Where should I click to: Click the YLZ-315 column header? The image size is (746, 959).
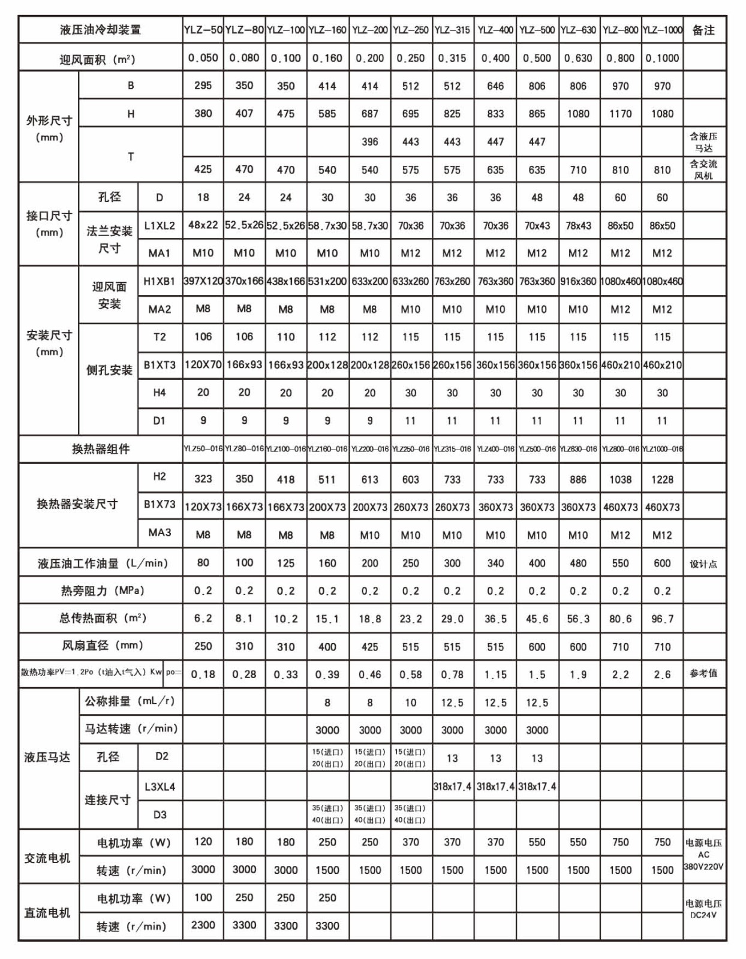pos(452,30)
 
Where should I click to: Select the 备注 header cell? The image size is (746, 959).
pos(703,30)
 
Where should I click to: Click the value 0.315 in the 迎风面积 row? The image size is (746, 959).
pos(452,58)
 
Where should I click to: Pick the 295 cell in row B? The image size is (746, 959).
pos(203,86)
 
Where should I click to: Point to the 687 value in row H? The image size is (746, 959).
pos(369,114)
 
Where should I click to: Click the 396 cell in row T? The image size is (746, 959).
pos(369,141)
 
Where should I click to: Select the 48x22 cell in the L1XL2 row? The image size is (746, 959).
pos(203,225)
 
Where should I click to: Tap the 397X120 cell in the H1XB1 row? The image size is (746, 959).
pos(203,281)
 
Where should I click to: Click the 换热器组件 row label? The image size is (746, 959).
pos(101,449)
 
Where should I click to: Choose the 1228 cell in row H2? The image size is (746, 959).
pos(662,479)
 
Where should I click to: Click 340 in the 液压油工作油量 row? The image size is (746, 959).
pos(495,563)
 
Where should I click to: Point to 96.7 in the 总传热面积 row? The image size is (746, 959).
pos(662,619)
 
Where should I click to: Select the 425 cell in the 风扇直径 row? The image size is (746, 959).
pos(369,647)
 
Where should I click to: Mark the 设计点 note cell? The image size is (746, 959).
pos(703,564)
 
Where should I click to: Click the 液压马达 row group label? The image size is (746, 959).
pos(47,757)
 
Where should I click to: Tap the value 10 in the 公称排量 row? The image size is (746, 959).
pos(410,702)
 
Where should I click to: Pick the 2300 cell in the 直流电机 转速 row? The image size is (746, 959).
pos(203,925)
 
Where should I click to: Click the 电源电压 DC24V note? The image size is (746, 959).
pos(703,909)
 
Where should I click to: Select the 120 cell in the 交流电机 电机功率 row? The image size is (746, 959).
pos(203,842)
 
